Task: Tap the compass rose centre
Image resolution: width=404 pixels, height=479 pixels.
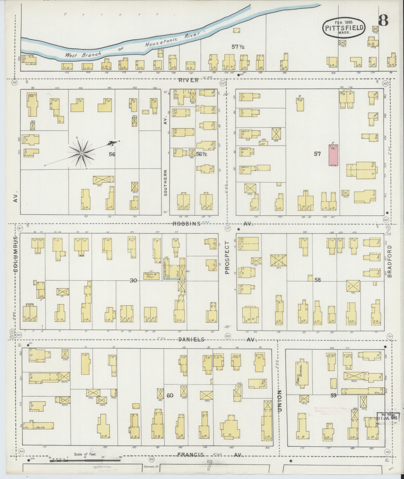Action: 82,153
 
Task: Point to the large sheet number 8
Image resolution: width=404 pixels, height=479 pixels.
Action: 383,20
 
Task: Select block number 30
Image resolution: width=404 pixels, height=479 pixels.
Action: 133,281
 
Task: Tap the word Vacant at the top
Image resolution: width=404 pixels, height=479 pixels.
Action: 112,14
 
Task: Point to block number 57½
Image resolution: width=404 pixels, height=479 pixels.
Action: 238,47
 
